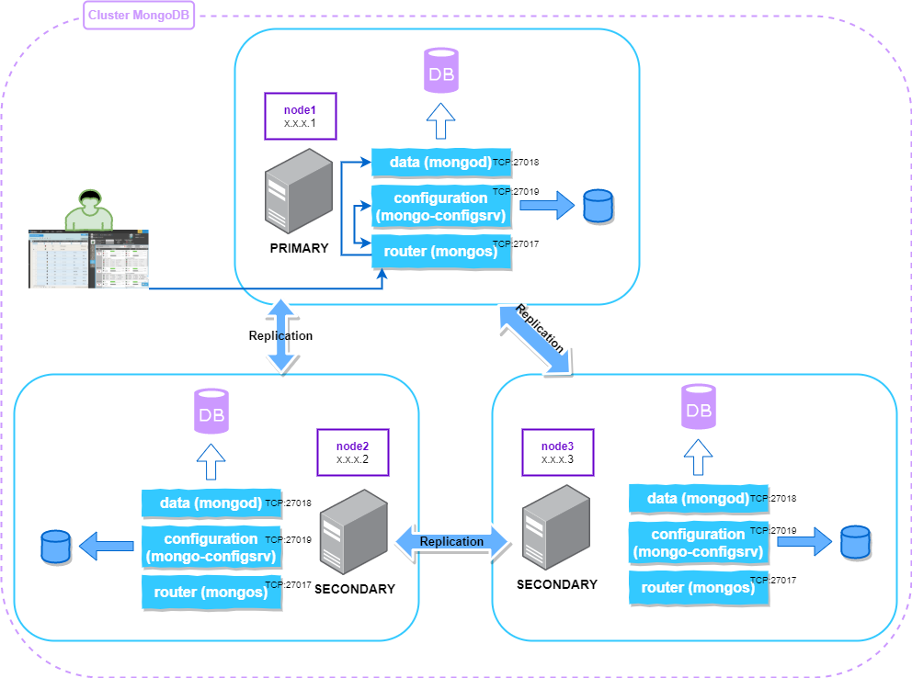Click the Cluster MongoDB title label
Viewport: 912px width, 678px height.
(x=139, y=16)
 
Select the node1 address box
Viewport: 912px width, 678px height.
(x=300, y=116)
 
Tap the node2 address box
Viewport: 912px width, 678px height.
(x=352, y=452)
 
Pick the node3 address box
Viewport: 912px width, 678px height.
(x=557, y=452)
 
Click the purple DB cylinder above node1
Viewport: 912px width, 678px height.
(x=441, y=71)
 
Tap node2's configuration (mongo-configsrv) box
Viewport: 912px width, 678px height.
(x=211, y=547)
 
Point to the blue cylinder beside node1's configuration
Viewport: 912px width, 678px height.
(x=598, y=207)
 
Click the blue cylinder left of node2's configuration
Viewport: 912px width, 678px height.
(x=55, y=548)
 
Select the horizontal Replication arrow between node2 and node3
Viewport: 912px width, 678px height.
(x=451, y=542)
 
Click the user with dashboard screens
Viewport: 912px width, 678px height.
(x=89, y=243)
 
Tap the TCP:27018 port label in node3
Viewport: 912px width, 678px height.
(x=773, y=499)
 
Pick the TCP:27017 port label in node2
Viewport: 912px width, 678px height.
(x=288, y=583)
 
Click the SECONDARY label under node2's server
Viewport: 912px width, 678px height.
(x=355, y=589)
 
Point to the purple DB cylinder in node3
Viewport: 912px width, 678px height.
(x=698, y=408)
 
